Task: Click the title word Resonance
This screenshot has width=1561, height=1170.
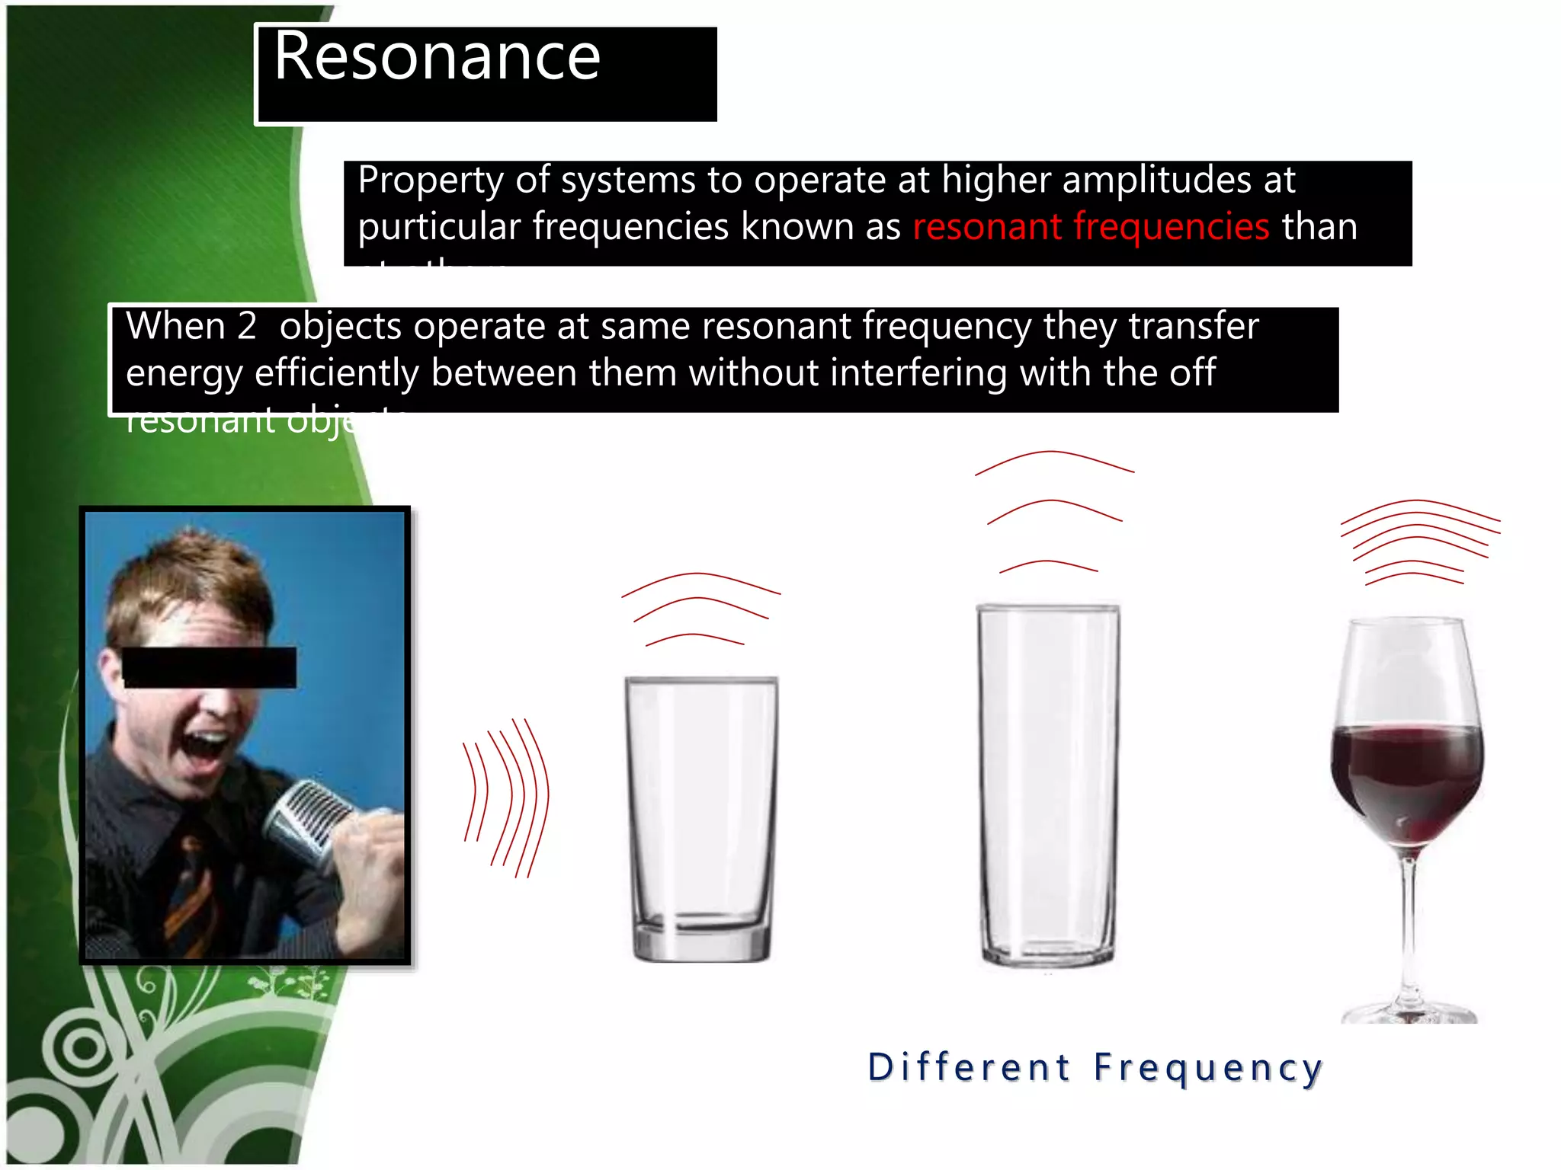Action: [x=437, y=57]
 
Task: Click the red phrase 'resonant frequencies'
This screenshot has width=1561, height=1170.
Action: [x=1091, y=227]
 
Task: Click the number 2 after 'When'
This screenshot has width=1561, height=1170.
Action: [x=246, y=326]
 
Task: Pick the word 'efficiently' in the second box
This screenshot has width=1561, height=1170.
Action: [x=336, y=373]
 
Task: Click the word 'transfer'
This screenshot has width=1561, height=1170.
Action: [x=1193, y=326]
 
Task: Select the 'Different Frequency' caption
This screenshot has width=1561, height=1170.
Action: [x=1095, y=1067]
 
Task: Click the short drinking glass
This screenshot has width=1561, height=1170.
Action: [x=701, y=819]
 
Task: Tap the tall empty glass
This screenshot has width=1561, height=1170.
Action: [x=1048, y=785]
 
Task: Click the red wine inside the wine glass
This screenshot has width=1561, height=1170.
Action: [x=1407, y=777]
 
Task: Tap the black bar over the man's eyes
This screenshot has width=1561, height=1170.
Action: [x=209, y=667]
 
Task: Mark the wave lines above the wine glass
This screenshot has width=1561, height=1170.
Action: [x=1419, y=541]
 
